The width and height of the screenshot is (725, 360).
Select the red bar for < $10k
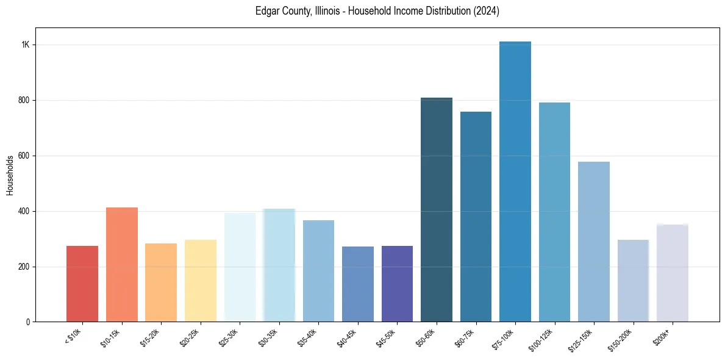tap(82, 284)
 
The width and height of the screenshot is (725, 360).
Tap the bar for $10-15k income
tap(121, 265)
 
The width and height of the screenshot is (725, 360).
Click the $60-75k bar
tap(476, 217)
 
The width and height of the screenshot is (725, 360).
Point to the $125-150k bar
tap(593, 242)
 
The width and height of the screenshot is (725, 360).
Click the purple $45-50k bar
tap(397, 284)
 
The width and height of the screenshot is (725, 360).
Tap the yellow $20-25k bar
tap(200, 281)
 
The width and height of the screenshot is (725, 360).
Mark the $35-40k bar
tap(318, 271)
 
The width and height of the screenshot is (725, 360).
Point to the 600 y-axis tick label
tap(24, 156)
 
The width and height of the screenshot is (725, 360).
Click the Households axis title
tap(10, 175)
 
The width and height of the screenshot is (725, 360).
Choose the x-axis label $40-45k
tap(346, 337)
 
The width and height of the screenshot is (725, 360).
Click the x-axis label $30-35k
tap(267, 337)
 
